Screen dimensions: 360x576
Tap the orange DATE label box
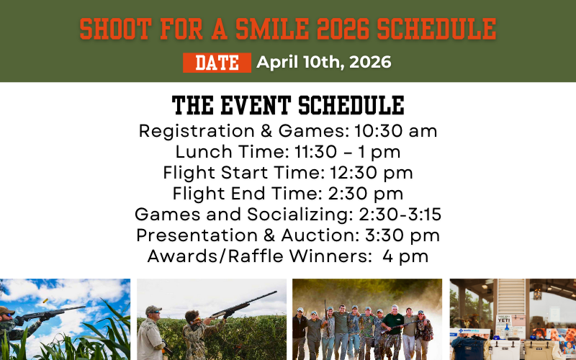tap(217, 63)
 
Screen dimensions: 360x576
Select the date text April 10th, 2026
tap(324, 63)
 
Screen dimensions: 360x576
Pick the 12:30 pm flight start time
tap(372, 174)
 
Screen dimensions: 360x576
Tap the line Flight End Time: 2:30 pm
tap(288, 194)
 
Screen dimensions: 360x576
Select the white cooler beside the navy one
tap(504, 349)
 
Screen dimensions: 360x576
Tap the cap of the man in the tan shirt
tap(151, 310)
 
